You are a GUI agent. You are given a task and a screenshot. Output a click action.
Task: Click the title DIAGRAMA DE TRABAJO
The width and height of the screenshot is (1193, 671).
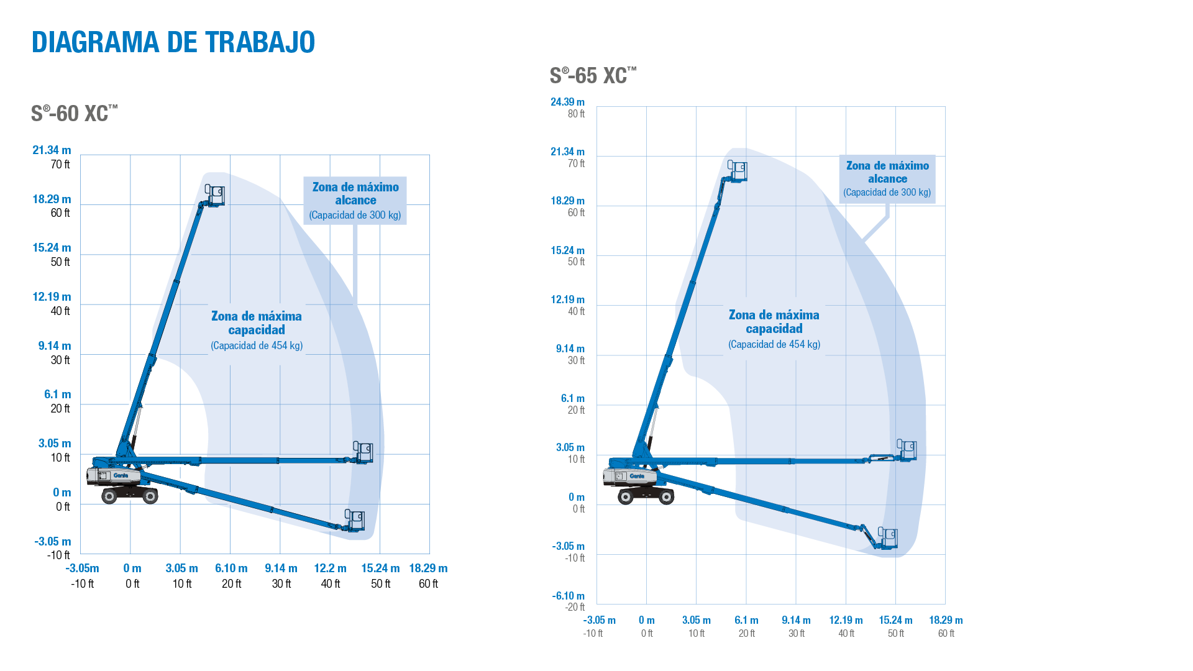pyautogui.click(x=173, y=42)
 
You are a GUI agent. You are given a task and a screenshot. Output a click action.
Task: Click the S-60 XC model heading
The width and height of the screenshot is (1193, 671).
pyautogui.click(x=74, y=114)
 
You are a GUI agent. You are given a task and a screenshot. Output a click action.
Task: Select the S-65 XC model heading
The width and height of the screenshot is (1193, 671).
pyautogui.click(x=593, y=76)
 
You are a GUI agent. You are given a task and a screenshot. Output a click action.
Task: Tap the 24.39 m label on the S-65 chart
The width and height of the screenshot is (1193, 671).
pyautogui.click(x=567, y=102)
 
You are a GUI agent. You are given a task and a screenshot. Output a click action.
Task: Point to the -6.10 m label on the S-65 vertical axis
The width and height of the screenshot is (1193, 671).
pyautogui.click(x=568, y=596)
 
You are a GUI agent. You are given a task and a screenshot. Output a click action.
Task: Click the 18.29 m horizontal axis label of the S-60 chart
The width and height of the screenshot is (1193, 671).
pyautogui.click(x=428, y=568)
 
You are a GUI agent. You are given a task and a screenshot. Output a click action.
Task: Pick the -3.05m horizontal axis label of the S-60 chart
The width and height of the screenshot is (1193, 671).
pyautogui.click(x=82, y=568)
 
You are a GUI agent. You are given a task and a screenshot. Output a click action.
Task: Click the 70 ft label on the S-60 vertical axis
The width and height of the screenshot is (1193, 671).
pyautogui.click(x=60, y=165)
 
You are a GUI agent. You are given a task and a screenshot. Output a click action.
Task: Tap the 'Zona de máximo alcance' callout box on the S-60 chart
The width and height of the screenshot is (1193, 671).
pyautogui.click(x=355, y=201)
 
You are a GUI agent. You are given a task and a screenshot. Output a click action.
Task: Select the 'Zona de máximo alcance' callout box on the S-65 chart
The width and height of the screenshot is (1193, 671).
pyautogui.click(x=887, y=179)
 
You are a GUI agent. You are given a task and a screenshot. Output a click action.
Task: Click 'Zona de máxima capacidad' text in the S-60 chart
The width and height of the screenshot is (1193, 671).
pyautogui.click(x=257, y=323)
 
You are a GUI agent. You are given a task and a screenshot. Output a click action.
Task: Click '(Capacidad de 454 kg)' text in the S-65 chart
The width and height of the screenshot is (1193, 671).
pyautogui.click(x=774, y=344)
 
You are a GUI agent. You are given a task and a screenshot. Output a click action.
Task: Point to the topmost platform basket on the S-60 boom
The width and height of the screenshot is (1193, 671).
pyautogui.click(x=216, y=195)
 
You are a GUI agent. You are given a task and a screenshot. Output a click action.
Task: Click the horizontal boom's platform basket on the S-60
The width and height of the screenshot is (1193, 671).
pyautogui.click(x=363, y=452)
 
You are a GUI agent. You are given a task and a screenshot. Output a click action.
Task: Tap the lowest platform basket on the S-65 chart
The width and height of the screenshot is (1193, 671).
pyautogui.click(x=888, y=538)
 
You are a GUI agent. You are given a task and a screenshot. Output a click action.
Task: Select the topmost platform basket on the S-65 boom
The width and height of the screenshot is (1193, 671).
pyautogui.click(x=738, y=171)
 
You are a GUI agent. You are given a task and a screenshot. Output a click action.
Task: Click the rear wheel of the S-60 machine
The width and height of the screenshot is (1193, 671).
pyautogui.click(x=110, y=496)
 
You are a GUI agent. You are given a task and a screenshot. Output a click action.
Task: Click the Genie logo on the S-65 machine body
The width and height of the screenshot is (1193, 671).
pyautogui.click(x=637, y=476)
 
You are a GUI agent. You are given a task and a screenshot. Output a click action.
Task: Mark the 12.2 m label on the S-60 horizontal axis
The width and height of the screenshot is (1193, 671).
pyautogui.click(x=330, y=568)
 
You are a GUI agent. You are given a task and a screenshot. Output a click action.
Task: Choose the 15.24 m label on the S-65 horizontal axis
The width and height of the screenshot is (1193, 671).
pyautogui.click(x=895, y=620)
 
